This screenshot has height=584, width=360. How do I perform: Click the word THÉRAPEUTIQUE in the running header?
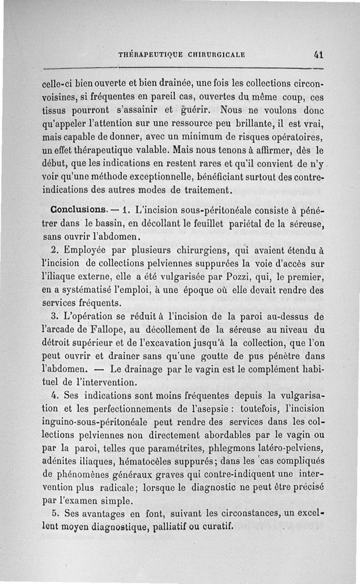tap(147, 55)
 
